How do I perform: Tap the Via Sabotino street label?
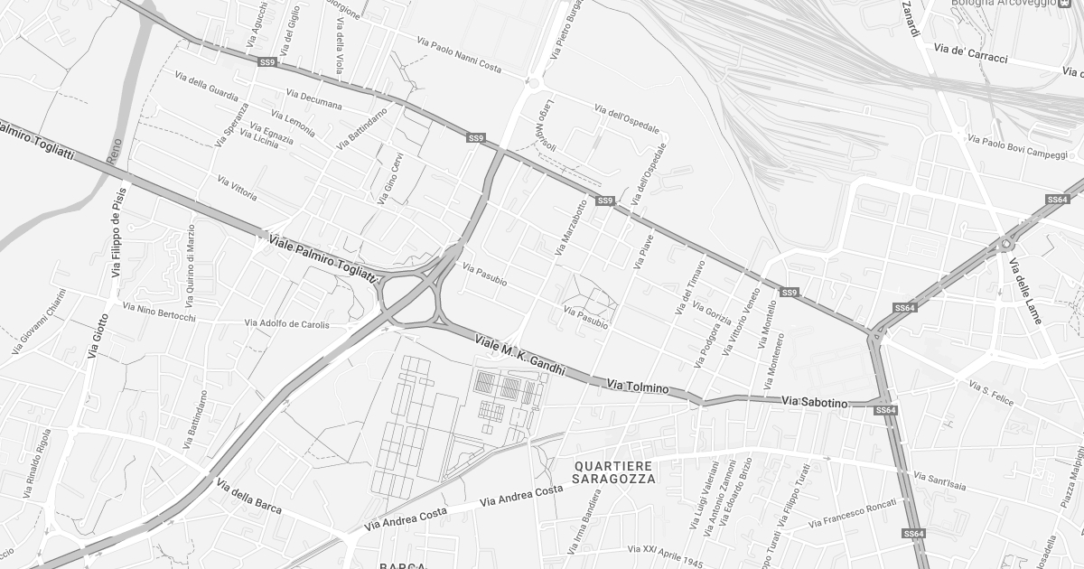(815, 401)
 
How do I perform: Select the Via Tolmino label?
(638, 387)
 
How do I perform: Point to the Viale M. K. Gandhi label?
(519, 356)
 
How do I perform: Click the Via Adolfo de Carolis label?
(287, 323)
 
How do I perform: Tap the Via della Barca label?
(248, 497)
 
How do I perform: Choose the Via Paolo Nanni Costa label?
(459, 54)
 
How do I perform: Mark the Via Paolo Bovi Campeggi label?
(1017, 146)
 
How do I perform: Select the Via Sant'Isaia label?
(939, 481)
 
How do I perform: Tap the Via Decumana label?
(313, 98)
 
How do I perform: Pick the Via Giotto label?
(98, 336)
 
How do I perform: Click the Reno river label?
(114, 150)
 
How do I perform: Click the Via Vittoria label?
(238, 188)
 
